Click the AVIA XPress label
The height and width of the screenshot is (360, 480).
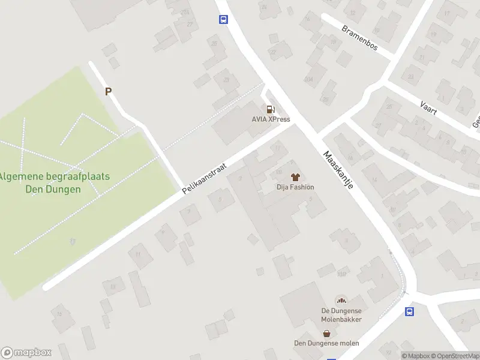pos(271,119)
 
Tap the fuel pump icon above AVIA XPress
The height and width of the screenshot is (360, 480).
pos(271,109)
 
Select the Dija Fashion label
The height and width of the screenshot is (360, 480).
pos(295,187)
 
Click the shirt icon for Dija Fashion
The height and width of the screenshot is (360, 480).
pos(295,177)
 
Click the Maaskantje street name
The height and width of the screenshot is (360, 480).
pos(338,170)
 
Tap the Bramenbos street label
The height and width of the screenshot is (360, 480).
pos(359,37)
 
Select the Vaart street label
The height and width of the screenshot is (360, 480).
pos(428,109)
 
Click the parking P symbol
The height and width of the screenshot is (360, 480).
pos(109,92)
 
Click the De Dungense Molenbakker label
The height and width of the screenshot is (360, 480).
pos(341,315)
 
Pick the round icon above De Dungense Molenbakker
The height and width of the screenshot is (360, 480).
pos(341,300)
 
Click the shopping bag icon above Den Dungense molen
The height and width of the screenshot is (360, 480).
pos(326,333)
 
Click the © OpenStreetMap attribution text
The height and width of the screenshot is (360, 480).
pos(457,356)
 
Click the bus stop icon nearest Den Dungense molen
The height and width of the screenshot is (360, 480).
pos(410,311)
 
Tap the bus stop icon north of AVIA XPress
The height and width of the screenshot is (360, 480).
pos(223,19)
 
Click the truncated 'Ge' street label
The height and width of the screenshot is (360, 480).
pos(476,121)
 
